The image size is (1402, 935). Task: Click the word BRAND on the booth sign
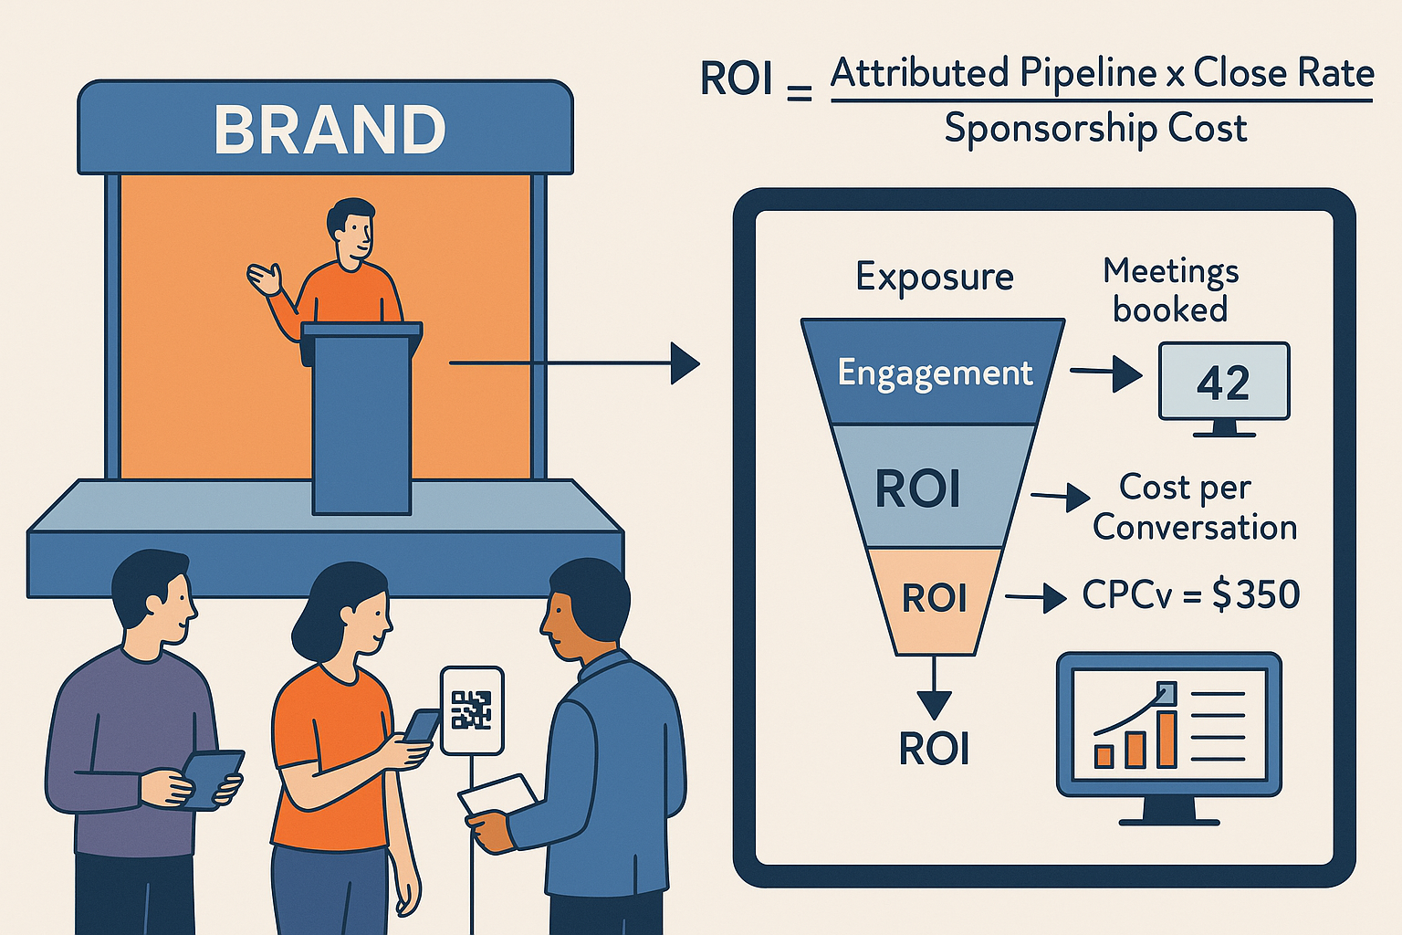[330, 129]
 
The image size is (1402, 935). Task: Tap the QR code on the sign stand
[471, 709]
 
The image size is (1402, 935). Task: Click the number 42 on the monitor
[1222, 383]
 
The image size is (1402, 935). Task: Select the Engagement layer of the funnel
[934, 373]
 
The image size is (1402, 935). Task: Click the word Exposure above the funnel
[934, 277]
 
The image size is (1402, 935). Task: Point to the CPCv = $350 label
[1190, 595]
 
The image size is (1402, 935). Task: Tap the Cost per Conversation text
[1194, 508]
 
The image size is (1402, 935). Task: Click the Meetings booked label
[1170, 290]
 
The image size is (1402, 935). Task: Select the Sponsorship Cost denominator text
[1095, 129]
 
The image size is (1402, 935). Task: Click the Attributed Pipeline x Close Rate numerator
[1102, 73]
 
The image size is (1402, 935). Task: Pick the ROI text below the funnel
[934, 750]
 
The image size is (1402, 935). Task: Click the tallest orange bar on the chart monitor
[1166, 738]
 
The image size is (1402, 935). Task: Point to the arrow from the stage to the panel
[575, 363]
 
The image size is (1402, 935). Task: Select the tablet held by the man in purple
[212, 778]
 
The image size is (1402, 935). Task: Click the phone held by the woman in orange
[422, 725]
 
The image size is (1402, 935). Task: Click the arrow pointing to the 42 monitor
[1105, 373]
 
